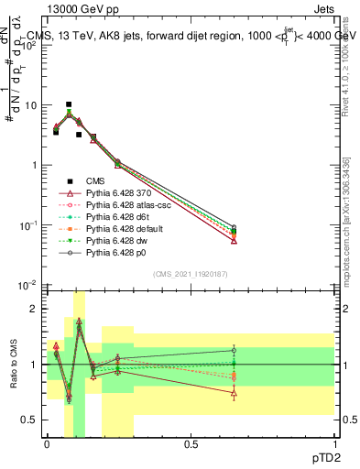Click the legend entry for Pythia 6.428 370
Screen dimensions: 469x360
(119, 194)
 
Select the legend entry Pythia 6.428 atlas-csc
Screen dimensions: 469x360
(127, 208)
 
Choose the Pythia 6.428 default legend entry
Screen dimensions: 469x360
(125, 235)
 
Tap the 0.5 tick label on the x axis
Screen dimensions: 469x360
(191, 442)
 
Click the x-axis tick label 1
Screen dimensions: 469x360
(334, 442)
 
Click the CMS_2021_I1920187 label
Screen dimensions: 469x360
(191, 275)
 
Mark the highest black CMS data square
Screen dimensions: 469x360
(69, 104)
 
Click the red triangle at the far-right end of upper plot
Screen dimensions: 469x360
(235, 240)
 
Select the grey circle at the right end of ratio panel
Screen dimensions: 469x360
(235, 350)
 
